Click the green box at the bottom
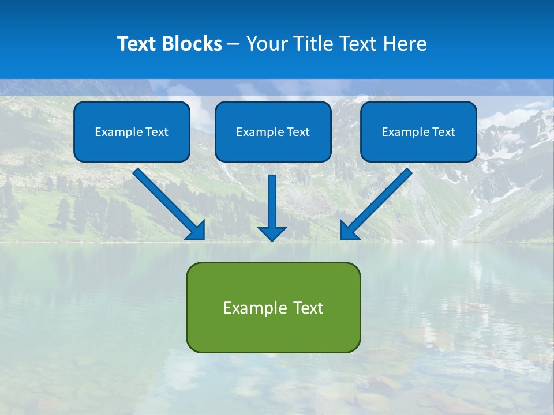(273, 334)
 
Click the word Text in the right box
(443, 132)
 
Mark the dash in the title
(234, 44)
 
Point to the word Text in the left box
(156, 132)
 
